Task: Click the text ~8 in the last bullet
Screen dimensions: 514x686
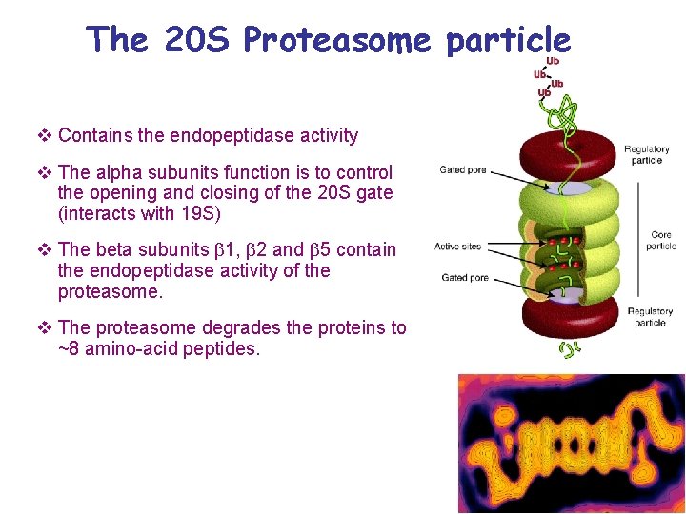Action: pyautogui.click(x=70, y=348)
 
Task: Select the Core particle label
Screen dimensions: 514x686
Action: pyautogui.click(x=660, y=240)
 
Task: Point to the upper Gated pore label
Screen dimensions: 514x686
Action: pyautogui.click(x=462, y=170)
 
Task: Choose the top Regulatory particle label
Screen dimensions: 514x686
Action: pyautogui.click(x=647, y=154)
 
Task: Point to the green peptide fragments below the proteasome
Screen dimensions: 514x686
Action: pyautogui.click(x=568, y=350)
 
